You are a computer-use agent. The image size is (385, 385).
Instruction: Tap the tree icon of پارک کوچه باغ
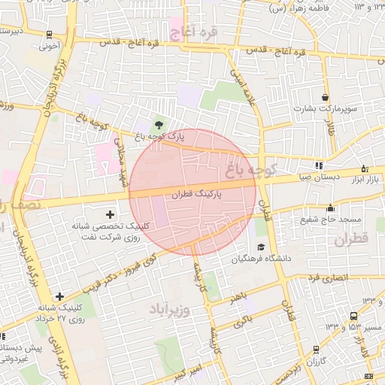pyautogui.click(x=159, y=124)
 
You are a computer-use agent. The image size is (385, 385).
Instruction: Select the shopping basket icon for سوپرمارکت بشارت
pyautogui.click(x=325, y=97)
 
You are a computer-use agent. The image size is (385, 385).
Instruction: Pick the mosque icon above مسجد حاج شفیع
pyautogui.click(x=330, y=208)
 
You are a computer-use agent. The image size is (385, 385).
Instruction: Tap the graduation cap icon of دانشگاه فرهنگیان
pyautogui.click(x=261, y=247)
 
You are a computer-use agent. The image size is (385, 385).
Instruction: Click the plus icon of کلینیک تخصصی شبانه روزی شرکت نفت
pyautogui.click(x=111, y=216)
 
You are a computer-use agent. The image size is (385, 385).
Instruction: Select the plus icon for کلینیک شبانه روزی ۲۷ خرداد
pyautogui.click(x=59, y=297)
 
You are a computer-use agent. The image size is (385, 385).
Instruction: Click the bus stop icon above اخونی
pyautogui.click(x=49, y=34)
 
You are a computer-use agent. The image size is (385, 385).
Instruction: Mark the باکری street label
pyautogui.click(x=241, y=322)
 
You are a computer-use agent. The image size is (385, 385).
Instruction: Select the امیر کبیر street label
pyautogui.click(x=185, y=371)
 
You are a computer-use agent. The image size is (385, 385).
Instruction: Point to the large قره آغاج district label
pyautogui.click(x=193, y=32)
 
